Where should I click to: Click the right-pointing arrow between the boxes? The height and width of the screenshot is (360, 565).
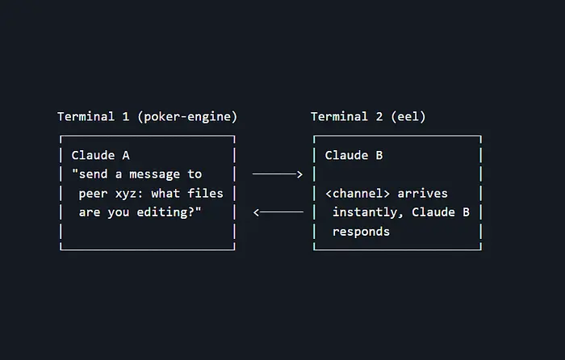[x=277, y=174]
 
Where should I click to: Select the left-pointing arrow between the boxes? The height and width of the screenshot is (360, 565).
[x=278, y=212]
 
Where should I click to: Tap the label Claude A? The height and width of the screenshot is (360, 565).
[x=99, y=155]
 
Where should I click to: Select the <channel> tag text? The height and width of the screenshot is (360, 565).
[x=357, y=194]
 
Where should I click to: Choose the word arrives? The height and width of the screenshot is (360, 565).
[x=423, y=194]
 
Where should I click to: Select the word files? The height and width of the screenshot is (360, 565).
[x=205, y=194]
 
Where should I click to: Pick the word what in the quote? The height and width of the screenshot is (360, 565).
[x=162, y=194]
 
